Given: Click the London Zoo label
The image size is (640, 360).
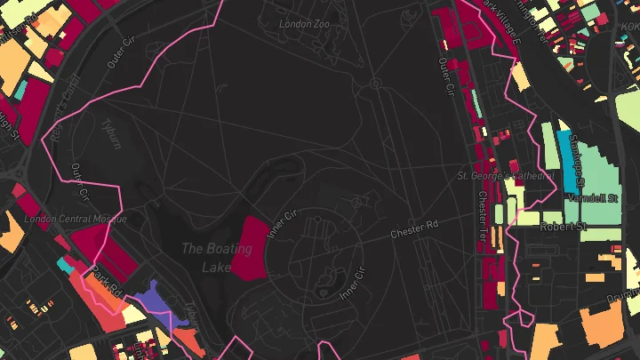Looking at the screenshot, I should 305,24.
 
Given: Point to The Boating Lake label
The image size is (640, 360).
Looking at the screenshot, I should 206,257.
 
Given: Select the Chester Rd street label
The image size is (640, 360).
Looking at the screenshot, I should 414,233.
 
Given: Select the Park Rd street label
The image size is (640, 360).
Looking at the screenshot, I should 106,280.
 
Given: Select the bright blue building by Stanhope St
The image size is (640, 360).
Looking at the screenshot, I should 567,160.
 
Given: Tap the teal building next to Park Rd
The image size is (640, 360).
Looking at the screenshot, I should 65,263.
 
